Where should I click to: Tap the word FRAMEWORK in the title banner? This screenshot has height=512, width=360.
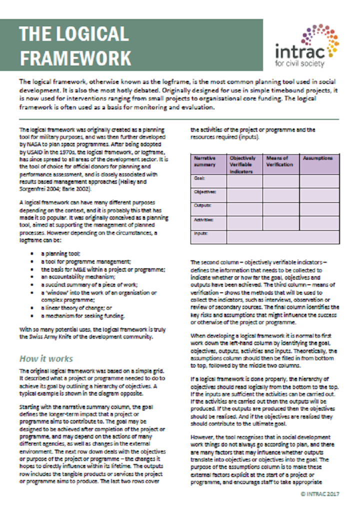[75, 57]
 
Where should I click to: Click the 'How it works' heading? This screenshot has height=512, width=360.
[46, 359]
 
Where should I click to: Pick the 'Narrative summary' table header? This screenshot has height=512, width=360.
[205, 161]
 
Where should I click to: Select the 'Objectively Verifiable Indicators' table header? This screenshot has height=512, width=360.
[244, 164]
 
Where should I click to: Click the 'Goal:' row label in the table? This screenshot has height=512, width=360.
[199, 177]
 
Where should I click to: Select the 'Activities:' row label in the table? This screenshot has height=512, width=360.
[203, 219]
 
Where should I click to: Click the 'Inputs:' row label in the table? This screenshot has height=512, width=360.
[201, 233]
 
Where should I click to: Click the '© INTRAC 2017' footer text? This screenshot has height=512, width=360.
[320, 493]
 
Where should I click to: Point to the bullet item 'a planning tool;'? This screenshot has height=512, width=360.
[60, 254]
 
